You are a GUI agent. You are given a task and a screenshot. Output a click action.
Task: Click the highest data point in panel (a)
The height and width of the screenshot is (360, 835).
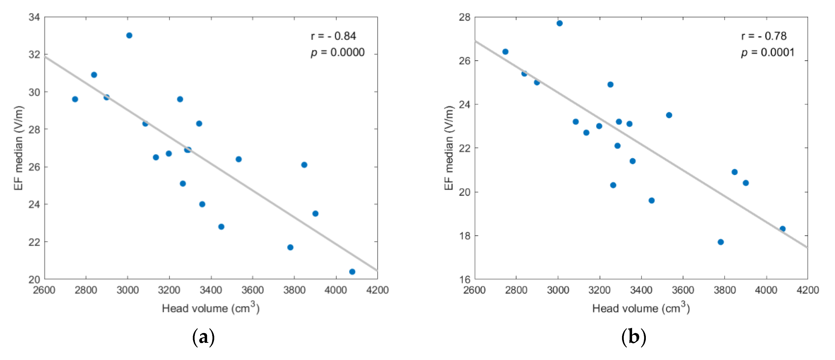[x=129, y=35]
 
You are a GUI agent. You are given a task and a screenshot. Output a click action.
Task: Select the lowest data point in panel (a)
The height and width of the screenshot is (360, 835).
[x=352, y=272]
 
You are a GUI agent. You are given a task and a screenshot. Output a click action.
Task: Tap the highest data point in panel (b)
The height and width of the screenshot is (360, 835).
[x=559, y=23]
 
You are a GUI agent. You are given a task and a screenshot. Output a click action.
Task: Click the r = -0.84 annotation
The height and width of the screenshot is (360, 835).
[x=333, y=36]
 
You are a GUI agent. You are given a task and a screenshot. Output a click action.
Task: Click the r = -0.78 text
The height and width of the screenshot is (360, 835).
[x=764, y=36]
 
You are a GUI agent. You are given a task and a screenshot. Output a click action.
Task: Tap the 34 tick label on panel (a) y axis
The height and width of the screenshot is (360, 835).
[x=34, y=17]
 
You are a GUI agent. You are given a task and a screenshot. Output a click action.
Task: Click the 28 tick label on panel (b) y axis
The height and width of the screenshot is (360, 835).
[x=465, y=17]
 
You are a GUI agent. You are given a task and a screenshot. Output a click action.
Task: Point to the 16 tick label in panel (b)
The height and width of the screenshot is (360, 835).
[x=465, y=279]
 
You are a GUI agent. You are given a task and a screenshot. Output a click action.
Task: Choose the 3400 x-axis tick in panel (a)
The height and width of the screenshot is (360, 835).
[x=211, y=290]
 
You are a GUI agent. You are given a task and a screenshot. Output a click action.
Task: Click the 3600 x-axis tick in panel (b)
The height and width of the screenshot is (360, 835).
[x=683, y=290]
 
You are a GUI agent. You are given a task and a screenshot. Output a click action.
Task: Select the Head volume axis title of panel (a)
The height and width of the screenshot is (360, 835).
[x=211, y=308]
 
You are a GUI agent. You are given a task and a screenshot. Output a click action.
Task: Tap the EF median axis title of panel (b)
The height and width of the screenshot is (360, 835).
[x=449, y=148]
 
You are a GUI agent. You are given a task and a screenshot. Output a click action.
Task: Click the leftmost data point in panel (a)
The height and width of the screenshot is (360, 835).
[x=75, y=99]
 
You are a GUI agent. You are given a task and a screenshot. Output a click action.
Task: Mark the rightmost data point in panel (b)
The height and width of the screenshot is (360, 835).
[x=782, y=229]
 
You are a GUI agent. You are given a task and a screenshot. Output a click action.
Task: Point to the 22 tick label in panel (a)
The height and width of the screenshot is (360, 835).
[x=34, y=242]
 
